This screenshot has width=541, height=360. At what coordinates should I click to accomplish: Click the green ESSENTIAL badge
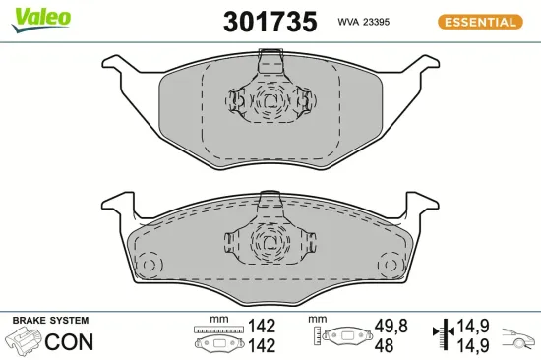tap(479, 21)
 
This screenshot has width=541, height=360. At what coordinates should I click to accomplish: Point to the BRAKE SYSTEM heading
tap(49, 321)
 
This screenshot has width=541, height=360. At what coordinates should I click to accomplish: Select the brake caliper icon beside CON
tap(25, 342)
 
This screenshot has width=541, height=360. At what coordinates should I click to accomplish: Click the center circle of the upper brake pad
tap(268, 100)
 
